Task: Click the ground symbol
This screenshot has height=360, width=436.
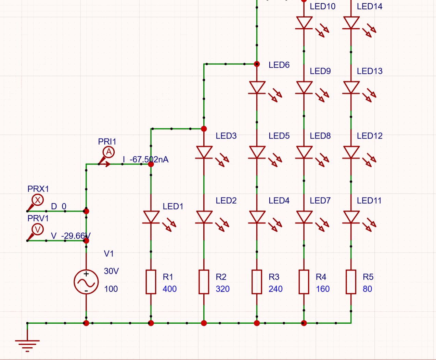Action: point(27,344)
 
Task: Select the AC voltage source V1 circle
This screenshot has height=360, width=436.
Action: point(86,282)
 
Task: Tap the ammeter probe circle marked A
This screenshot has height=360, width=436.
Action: point(109,152)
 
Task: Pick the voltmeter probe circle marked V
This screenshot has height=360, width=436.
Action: point(38,229)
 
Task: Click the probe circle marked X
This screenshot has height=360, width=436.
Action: point(38,200)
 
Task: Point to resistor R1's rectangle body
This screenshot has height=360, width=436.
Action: point(151,282)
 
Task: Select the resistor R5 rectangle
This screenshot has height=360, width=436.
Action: point(351,282)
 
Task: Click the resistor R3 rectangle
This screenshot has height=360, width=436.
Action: point(257,282)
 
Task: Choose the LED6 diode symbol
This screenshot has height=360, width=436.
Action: point(257,88)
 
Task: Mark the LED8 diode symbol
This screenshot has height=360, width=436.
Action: point(304,152)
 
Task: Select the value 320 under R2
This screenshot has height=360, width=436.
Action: point(222,289)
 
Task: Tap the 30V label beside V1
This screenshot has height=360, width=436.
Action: point(111,271)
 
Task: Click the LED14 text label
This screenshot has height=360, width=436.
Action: point(370,6)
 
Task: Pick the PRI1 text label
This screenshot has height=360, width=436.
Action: point(107,141)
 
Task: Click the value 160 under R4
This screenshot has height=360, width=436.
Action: point(322,289)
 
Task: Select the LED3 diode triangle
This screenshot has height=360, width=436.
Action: point(204,152)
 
